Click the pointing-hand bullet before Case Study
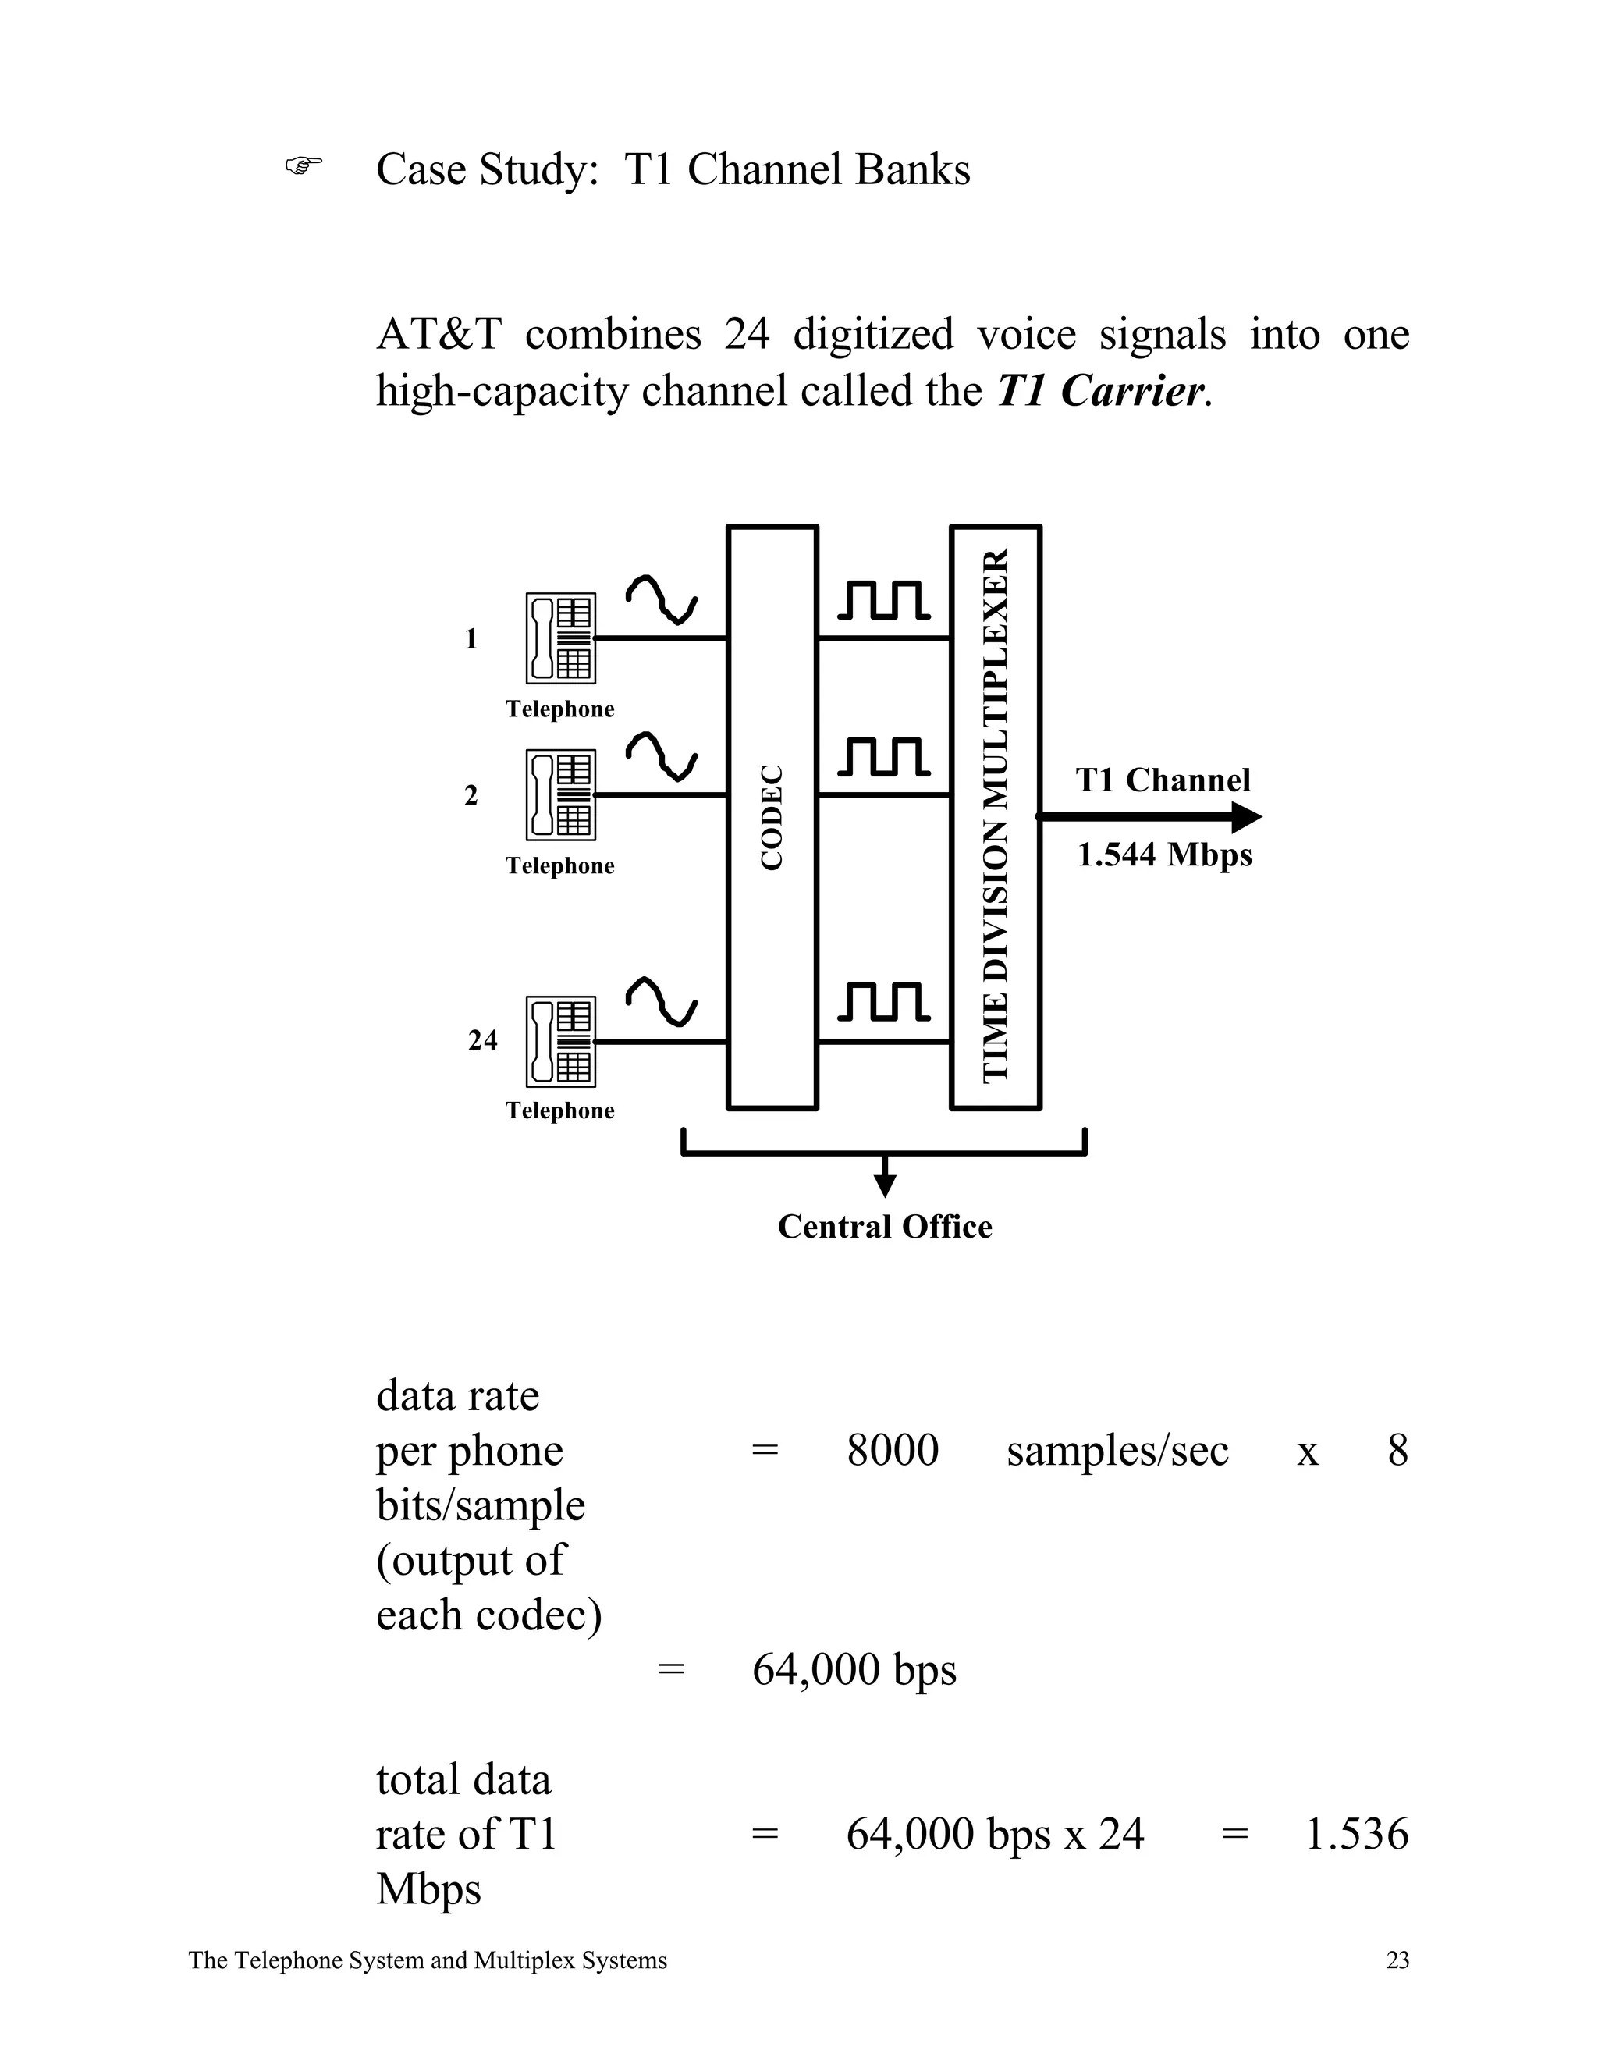point(303,167)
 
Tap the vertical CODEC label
point(772,817)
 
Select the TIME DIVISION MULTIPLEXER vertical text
point(995,816)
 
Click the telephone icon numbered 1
point(560,638)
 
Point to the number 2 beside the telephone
point(471,795)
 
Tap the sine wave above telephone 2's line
point(661,755)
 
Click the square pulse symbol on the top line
point(882,600)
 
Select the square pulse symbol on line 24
point(882,1003)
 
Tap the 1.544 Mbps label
point(1163,855)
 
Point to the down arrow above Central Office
point(884,1184)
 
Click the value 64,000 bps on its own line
point(853,1669)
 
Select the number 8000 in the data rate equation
point(892,1451)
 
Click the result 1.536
point(1355,1834)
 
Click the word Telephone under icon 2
point(559,865)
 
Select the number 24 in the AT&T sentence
point(746,334)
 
